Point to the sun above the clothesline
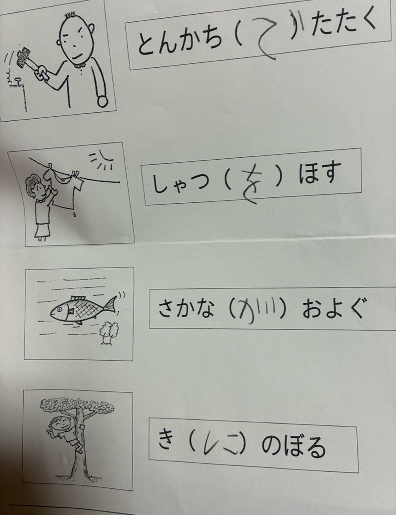(102, 161)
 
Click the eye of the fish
(58, 309)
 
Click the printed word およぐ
(333, 308)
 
